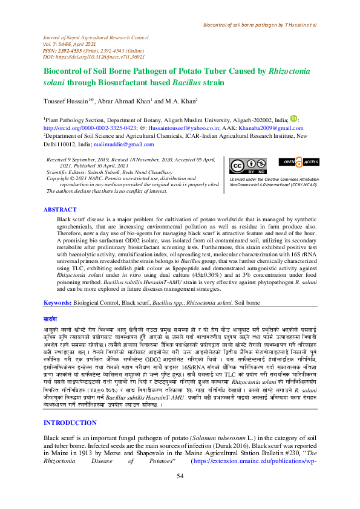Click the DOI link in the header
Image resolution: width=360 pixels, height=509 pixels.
click(x=96, y=56)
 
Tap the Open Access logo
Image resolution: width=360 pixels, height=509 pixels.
click(x=298, y=161)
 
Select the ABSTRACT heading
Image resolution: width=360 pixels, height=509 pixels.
click(x=60, y=209)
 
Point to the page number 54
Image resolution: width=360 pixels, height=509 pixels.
click(x=180, y=494)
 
